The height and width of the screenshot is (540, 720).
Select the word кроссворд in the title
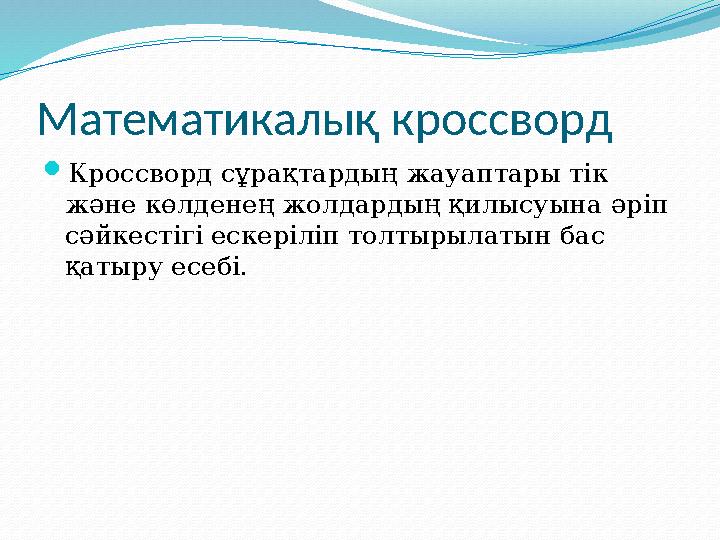coord(501,121)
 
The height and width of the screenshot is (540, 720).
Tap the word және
coord(97,206)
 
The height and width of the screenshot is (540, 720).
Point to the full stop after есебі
coord(241,276)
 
